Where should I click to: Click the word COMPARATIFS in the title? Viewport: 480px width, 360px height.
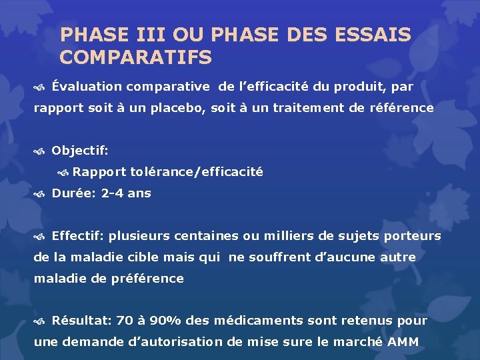135,57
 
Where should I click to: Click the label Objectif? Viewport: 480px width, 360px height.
79,151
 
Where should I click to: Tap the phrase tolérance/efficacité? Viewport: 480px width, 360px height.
197,172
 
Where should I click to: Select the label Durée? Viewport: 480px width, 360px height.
74,193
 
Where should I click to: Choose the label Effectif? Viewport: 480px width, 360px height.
77,236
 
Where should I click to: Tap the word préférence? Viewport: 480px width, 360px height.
146,279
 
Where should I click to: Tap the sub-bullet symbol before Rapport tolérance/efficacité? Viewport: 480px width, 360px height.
63,173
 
